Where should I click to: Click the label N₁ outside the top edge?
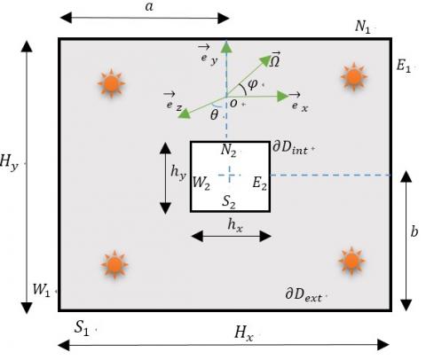tap(362, 27)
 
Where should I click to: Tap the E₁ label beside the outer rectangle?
tap(404, 66)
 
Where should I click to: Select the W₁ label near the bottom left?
tap(41, 290)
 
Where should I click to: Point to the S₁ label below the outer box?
tap(82, 327)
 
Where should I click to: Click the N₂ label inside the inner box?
tap(228, 150)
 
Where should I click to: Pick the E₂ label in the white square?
tap(259, 183)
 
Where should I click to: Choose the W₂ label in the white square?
tap(201, 183)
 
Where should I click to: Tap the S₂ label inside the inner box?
tap(229, 202)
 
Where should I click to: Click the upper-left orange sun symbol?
tap(111, 83)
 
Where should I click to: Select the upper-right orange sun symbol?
tap(354, 76)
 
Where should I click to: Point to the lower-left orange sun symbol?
tap(114, 264)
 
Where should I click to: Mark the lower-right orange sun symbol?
tap(351, 261)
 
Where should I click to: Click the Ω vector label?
tap(275, 59)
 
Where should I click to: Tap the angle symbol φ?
tap(252, 84)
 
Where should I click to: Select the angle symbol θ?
tap(214, 114)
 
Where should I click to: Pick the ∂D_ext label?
tap(304, 294)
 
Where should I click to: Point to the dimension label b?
tap(414, 231)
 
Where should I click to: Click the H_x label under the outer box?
tap(244, 333)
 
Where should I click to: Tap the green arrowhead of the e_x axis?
tap(283, 97)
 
